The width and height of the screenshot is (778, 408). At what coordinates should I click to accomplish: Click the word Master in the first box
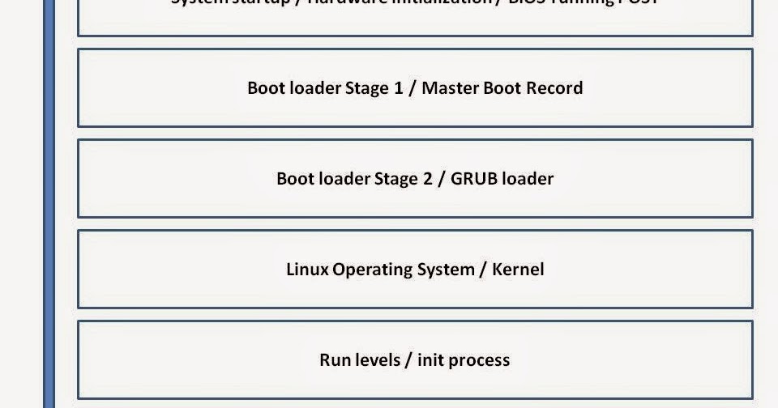pos(450,87)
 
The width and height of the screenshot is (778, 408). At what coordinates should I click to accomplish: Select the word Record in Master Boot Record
pos(554,87)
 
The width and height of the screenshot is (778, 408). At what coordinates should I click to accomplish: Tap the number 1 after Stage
pos(398,87)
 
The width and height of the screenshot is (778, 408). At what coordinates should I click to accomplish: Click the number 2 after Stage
pos(428,178)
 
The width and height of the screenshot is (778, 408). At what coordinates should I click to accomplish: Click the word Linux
pos(307,269)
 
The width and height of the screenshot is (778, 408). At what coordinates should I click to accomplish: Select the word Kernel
pos(518,269)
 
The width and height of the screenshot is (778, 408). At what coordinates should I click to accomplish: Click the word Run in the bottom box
pos(336,359)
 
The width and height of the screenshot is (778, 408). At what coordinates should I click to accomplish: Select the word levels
pos(378,359)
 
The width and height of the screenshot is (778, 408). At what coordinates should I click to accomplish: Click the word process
pos(479,360)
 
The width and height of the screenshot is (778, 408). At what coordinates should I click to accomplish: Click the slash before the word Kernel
pos(485,269)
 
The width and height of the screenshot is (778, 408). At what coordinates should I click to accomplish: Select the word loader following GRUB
pos(528,178)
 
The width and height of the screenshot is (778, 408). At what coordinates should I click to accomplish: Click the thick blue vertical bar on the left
pos(49,202)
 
